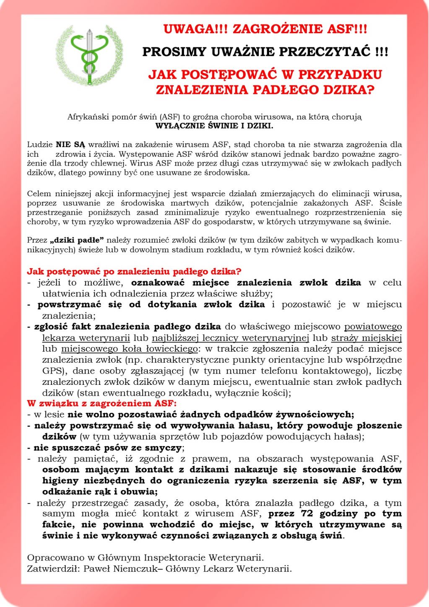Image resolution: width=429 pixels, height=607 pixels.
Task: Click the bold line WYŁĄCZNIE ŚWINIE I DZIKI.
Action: [214, 126]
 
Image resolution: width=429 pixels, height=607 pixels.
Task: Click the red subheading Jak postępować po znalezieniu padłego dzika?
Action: [134, 272]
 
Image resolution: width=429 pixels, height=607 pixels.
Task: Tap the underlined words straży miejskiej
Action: [367, 338]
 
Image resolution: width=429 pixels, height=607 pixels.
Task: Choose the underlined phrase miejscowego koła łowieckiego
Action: [130, 349]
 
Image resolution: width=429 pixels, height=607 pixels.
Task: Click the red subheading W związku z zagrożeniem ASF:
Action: [102, 404]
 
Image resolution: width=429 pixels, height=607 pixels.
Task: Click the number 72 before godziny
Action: [307, 514]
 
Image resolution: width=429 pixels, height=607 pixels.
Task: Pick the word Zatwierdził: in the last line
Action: [53, 569]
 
